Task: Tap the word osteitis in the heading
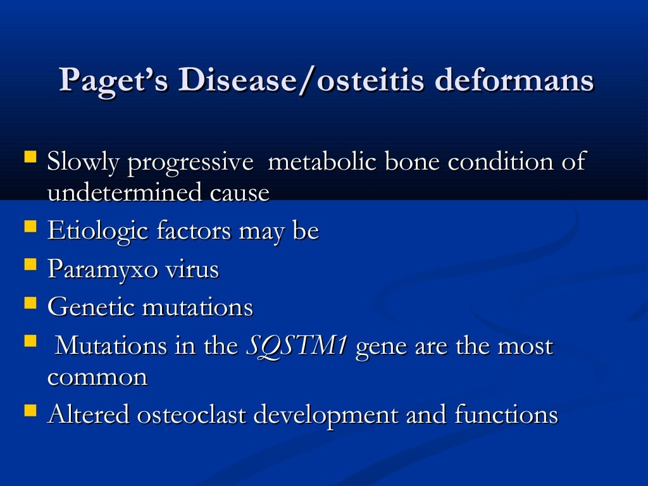[366, 82]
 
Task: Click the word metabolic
[318, 163]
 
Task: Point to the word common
[97, 377]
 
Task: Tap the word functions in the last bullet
[506, 415]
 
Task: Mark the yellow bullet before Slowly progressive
[30, 156]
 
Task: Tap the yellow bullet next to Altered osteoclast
[30, 411]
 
